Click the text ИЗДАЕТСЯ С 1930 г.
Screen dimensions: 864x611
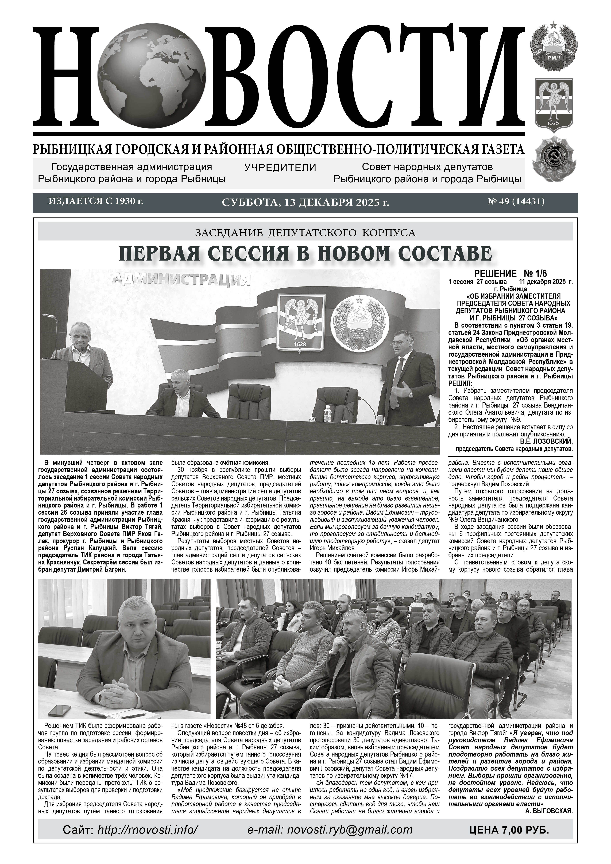tap(96, 201)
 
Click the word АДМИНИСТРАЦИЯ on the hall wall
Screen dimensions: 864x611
tap(181, 280)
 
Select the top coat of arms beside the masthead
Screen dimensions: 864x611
tap(553, 46)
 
